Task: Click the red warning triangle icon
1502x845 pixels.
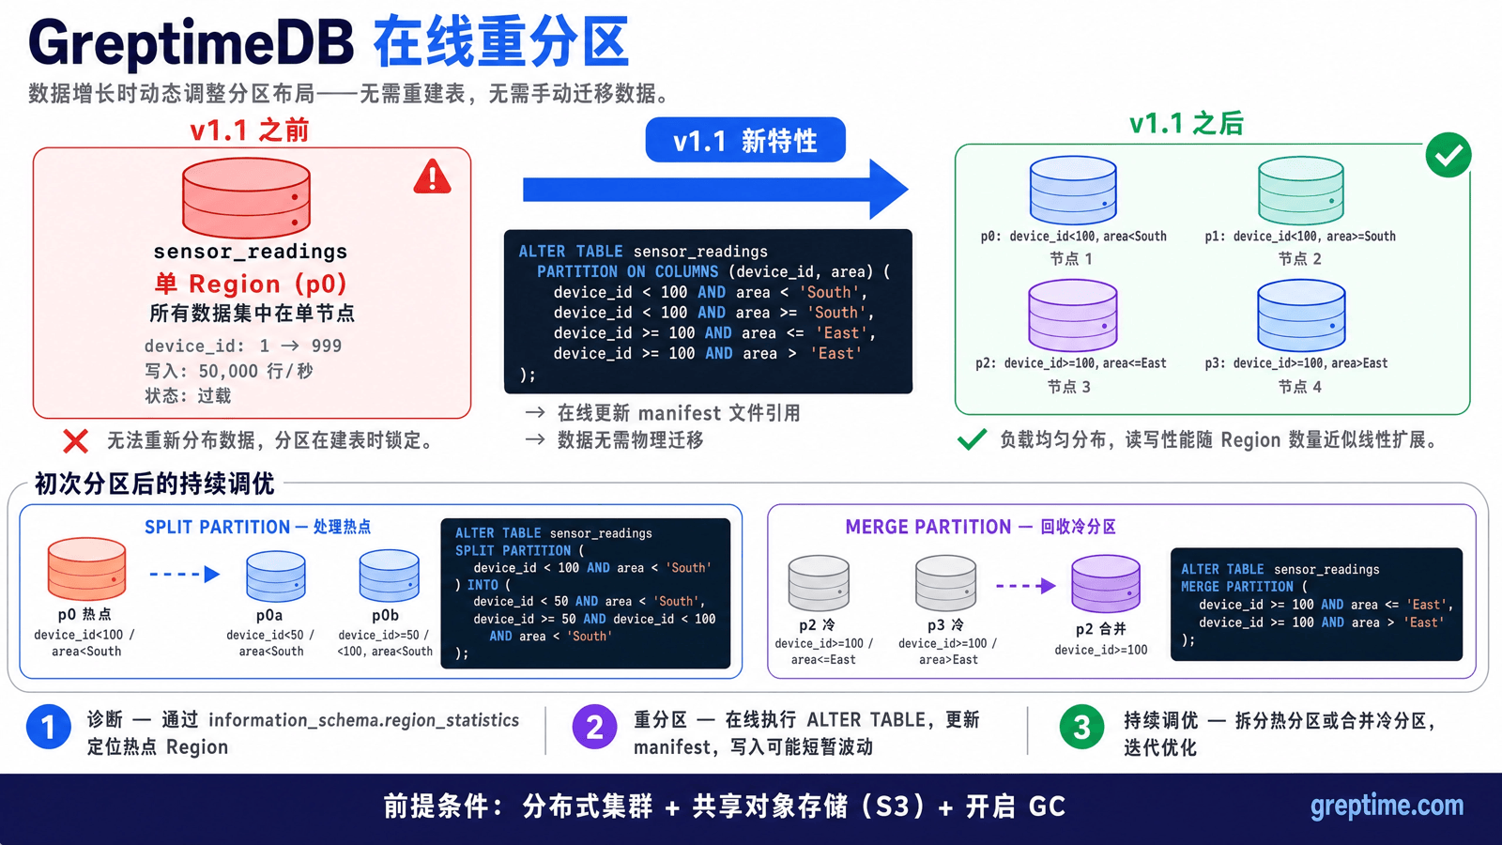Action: (x=432, y=177)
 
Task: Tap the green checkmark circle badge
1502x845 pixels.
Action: (x=1448, y=155)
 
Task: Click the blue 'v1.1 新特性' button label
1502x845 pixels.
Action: (x=745, y=140)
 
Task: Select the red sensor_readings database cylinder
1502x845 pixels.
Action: (x=246, y=198)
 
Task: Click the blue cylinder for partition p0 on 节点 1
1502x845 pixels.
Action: (x=1073, y=191)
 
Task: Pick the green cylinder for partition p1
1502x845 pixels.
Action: (x=1301, y=191)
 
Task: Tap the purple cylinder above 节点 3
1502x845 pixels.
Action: (x=1073, y=315)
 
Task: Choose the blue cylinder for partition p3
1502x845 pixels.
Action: (x=1301, y=315)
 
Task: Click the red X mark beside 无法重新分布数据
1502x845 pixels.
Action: (x=75, y=441)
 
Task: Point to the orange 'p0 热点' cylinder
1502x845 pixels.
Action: (x=86, y=568)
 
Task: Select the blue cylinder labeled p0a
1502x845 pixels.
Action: (x=276, y=576)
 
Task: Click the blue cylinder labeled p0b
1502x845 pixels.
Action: (x=389, y=576)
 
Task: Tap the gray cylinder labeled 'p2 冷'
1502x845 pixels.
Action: (x=819, y=583)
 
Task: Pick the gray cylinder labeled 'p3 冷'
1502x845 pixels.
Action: (x=945, y=583)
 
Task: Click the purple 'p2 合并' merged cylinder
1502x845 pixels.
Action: (x=1105, y=583)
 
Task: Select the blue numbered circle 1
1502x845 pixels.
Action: (x=48, y=727)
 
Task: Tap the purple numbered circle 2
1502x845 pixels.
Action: (x=594, y=727)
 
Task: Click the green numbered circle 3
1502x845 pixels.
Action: (x=1081, y=727)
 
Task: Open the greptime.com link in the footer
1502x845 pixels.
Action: (x=1387, y=807)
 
